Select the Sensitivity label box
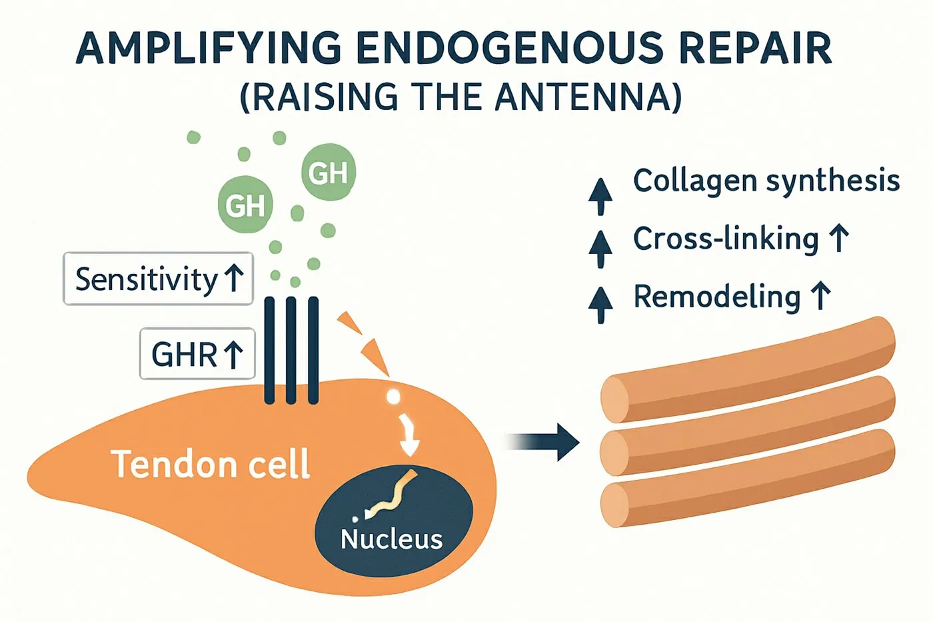click(x=159, y=278)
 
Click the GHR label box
click(x=197, y=354)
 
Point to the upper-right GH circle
click(x=328, y=172)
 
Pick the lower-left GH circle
click(x=245, y=204)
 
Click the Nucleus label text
click(x=392, y=539)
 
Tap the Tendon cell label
click(x=211, y=463)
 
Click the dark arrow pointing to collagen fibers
click(x=541, y=442)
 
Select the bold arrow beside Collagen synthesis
click(x=600, y=197)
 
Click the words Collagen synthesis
click(x=766, y=181)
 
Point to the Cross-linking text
click(x=726, y=239)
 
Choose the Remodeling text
click(x=717, y=297)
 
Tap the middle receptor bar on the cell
click(x=291, y=351)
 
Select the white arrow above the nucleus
click(x=408, y=435)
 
